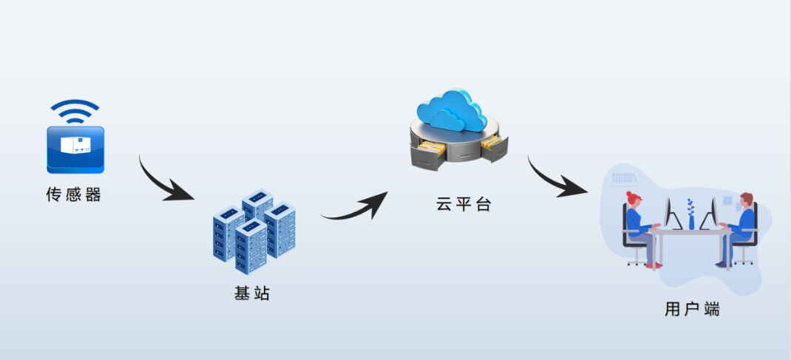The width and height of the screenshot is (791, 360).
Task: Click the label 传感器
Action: pyautogui.click(x=73, y=195)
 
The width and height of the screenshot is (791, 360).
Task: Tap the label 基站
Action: pyautogui.click(x=252, y=293)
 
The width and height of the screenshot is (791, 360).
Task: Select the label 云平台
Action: pyautogui.click(x=464, y=205)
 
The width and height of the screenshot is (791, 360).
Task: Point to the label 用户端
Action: pyautogui.click(x=692, y=309)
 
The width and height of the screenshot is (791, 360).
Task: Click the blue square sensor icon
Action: pyautogui.click(x=75, y=149)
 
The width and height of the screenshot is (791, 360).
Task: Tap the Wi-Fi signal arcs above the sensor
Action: pyautogui.click(x=75, y=112)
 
